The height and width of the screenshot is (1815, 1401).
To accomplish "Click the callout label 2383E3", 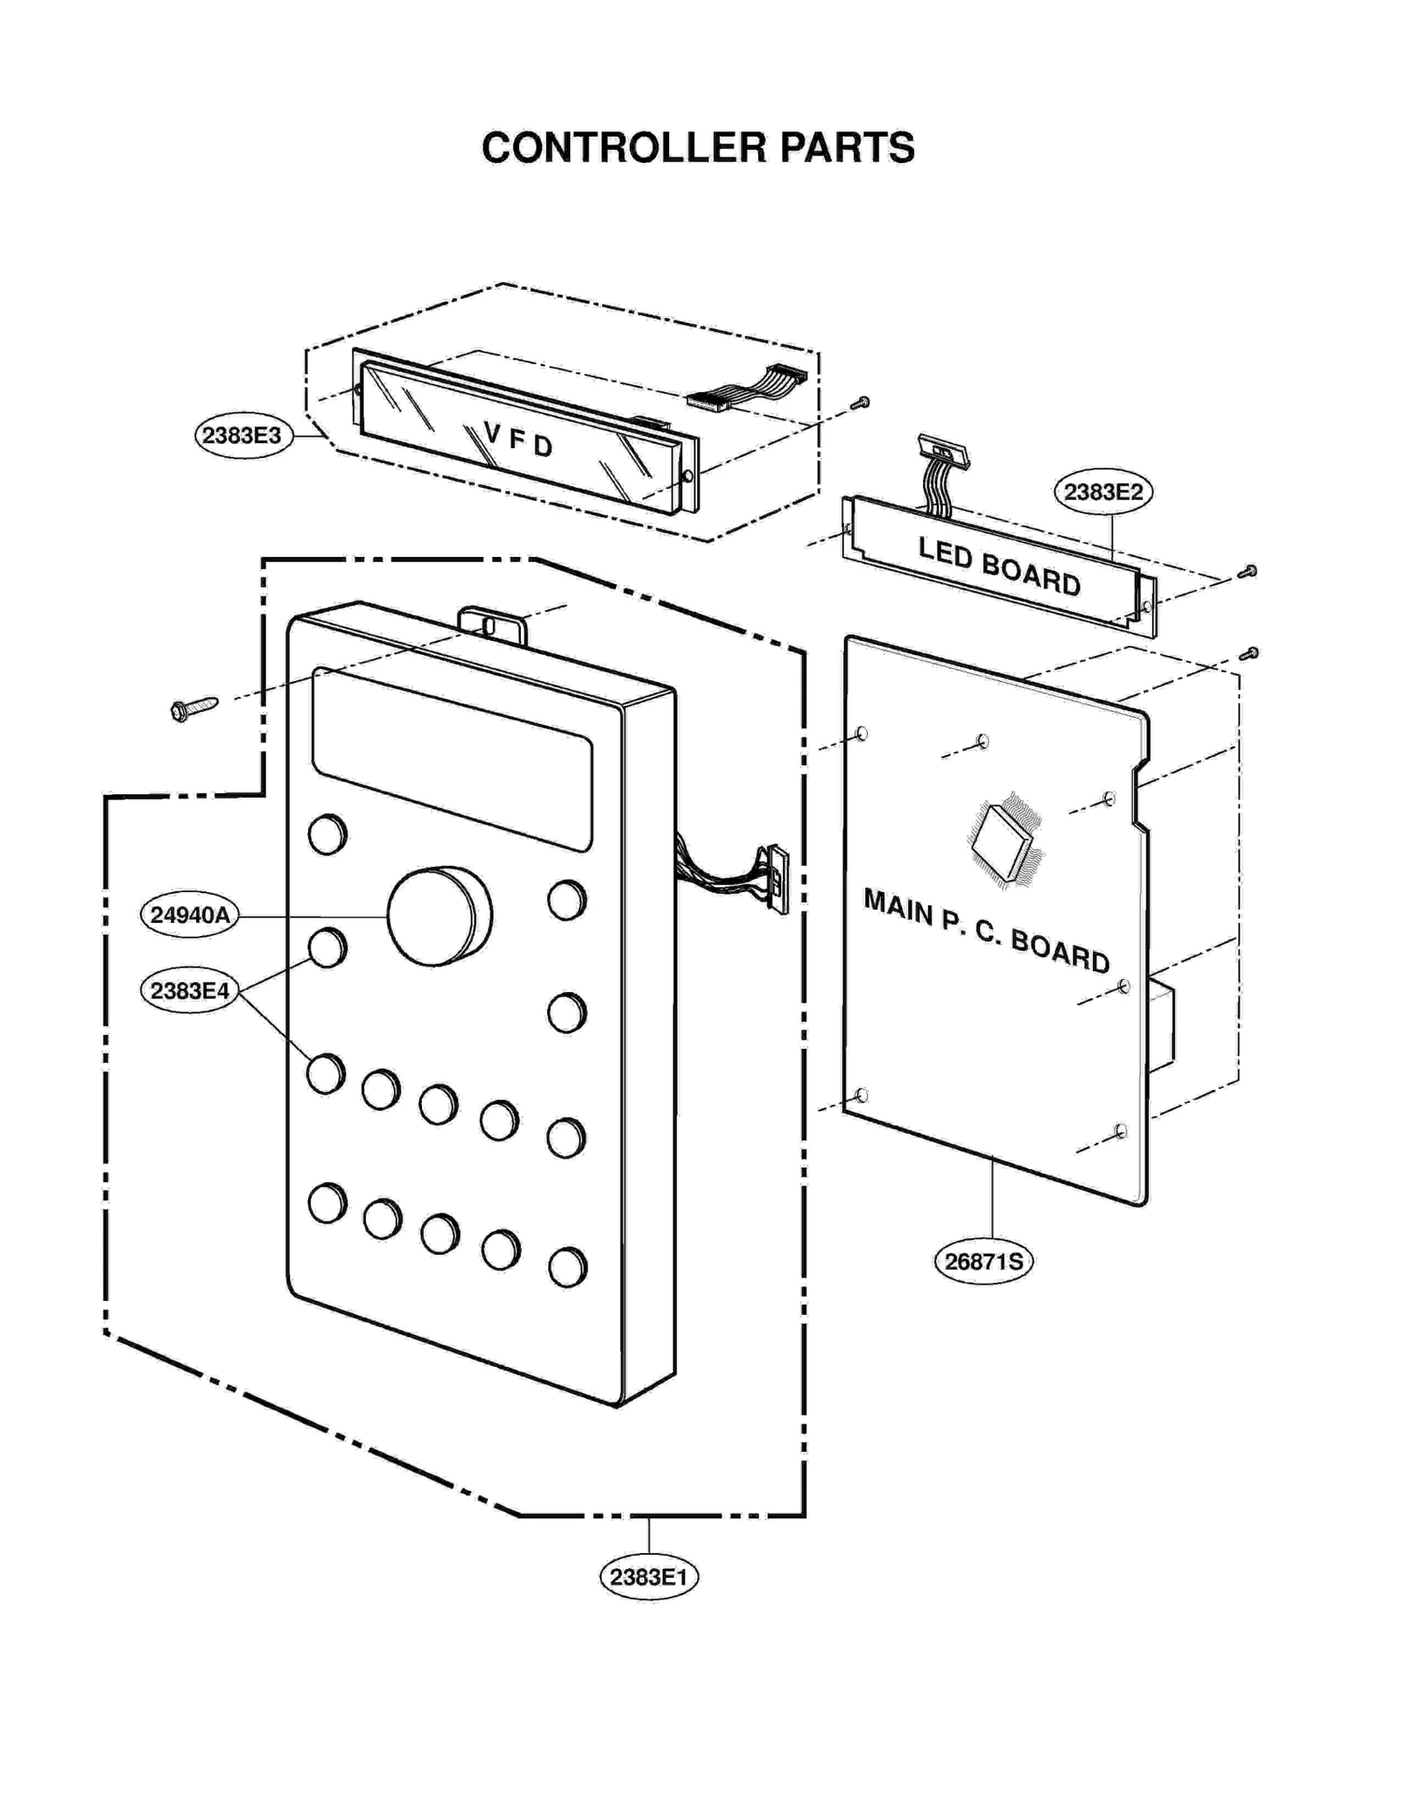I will (x=242, y=435).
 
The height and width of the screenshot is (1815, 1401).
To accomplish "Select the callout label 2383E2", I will (x=1102, y=492).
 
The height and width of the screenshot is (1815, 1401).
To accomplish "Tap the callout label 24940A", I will (x=189, y=915).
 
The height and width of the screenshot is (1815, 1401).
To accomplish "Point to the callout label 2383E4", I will (x=189, y=991).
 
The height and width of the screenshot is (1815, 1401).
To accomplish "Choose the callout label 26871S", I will (x=982, y=1262).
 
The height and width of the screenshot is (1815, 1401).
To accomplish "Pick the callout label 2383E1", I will (x=648, y=1577).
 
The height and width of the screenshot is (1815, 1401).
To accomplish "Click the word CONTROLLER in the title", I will (x=623, y=148).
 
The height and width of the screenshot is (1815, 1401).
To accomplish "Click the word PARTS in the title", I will (x=847, y=148).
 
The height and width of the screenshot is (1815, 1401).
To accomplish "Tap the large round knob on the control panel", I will (x=437, y=917).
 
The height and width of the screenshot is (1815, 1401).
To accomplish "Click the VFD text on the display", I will (x=518, y=440).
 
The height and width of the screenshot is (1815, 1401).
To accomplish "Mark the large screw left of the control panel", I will (x=193, y=707).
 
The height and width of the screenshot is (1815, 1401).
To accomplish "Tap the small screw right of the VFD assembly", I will (x=861, y=403).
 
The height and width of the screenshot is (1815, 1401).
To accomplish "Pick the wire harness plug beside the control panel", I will (x=776, y=879).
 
